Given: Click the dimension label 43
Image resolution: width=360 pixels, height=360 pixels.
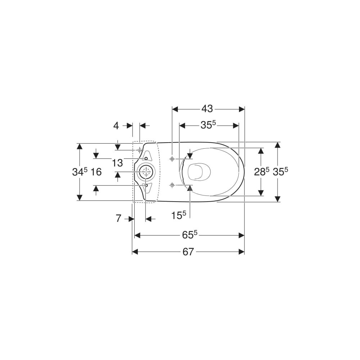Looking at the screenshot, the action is pos(207,109).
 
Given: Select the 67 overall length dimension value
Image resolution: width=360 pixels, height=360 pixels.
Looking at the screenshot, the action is pos(188,252).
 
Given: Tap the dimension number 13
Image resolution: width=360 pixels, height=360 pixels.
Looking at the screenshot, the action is pos(117,163).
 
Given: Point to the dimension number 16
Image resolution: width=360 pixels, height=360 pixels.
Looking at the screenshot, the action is pos(96,172).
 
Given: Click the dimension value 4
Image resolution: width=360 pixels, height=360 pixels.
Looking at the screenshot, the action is pos(116,126).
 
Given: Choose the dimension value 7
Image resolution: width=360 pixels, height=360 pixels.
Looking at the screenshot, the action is pos(118,219).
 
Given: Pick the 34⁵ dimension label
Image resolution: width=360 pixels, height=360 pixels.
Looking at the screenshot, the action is pos(80,171).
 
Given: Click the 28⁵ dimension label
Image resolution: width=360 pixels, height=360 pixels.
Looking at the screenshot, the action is pos(261,171).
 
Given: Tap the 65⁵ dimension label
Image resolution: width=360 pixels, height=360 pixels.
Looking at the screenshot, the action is pos(190,235).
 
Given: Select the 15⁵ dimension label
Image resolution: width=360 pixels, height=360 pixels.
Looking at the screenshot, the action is pos(179,215).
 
